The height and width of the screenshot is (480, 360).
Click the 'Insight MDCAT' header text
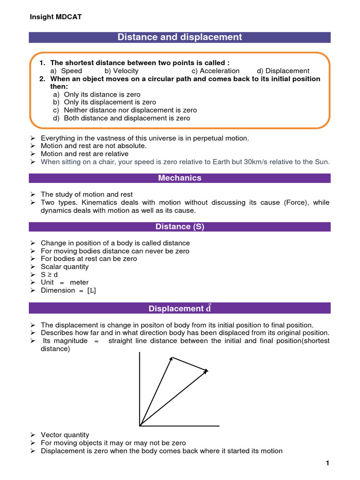tap(55, 17)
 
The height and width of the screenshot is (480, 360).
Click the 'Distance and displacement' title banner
tap(180, 37)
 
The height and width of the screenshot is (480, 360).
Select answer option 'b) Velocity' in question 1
tap(121, 71)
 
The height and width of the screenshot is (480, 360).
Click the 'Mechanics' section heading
tap(180, 178)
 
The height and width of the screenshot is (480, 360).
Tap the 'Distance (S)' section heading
tap(180, 227)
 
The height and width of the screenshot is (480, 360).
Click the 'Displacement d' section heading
tap(180, 308)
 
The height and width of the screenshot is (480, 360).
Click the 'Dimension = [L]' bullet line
tap(68, 291)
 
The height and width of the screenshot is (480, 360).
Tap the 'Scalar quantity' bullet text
tap(65, 267)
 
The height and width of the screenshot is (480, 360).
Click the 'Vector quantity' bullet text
tap(65, 435)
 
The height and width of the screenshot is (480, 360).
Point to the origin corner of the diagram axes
tap(140, 426)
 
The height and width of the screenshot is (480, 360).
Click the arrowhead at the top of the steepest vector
tap(172, 358)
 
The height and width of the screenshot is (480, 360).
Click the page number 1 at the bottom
tap(328, 464)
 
